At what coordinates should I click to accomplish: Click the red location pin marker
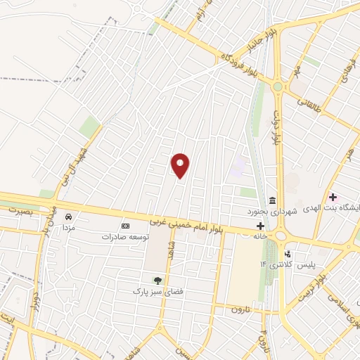click(181, 165)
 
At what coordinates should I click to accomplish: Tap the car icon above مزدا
click(69, 217)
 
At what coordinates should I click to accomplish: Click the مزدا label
click(69, 228)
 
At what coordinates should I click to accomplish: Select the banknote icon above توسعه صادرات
click(125, 226)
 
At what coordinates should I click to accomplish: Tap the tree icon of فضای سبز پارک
click(157, 280)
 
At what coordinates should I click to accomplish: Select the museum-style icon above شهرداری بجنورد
click(272, 200)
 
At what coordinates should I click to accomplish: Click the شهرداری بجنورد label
click(272, 211)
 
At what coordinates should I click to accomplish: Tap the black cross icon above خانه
click(261, 226)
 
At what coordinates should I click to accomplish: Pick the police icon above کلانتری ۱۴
click(287, 254)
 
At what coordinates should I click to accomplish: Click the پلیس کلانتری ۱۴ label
click(288, 265)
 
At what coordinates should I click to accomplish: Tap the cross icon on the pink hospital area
click(333, 197)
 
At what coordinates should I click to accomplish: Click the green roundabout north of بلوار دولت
click(278, 86)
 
